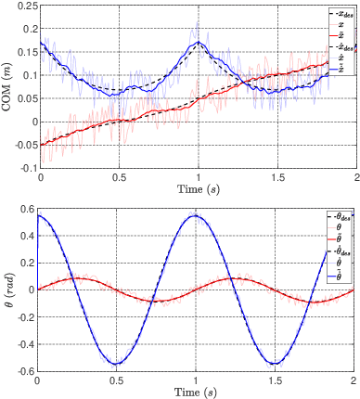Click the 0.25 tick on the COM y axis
tap(22, 6)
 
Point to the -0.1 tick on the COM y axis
tap(22, 168)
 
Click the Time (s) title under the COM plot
tap(198, 189)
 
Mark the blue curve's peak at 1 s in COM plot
tap(199, 42)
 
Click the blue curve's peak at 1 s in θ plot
tap(197, 216)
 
